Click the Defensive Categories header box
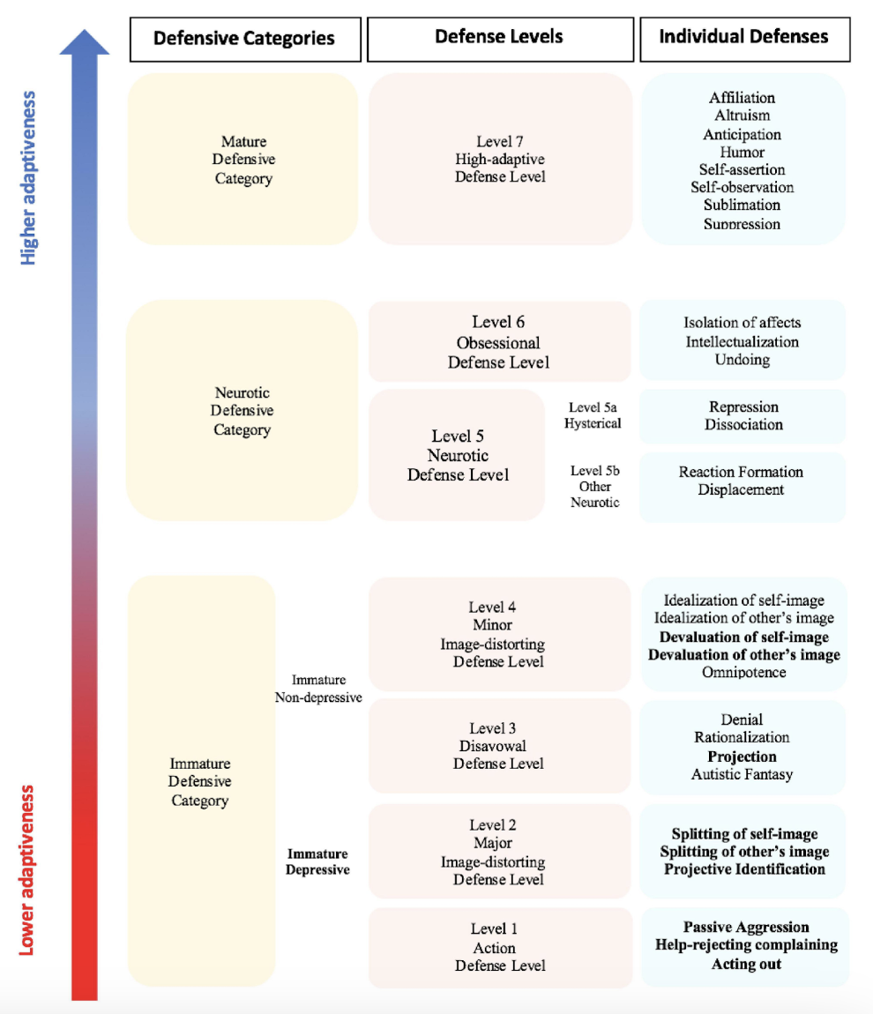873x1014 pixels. click(244, 39)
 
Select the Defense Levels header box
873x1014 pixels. click(499, 38)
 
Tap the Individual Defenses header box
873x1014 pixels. click(744, 38)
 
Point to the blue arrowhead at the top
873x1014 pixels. click(85, 41)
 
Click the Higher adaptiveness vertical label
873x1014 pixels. click(29, 177)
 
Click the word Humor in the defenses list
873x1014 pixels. click(742, 152)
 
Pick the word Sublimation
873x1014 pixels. click(742, 205)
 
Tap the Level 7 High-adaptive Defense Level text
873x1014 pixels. click(500, 159)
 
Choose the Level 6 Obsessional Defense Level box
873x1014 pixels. click(499, 342)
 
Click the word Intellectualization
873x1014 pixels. click(742, 341)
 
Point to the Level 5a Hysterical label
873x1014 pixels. click(594, 415)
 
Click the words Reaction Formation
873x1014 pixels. click(741, 472)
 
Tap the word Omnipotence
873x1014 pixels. click(743, 672)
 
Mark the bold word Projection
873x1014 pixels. click(742, 757)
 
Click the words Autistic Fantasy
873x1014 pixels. click(742, 774)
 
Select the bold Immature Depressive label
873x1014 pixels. click(317, 861)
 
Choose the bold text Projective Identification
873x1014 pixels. click(744, 869)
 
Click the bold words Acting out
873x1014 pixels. click(746, 964)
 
